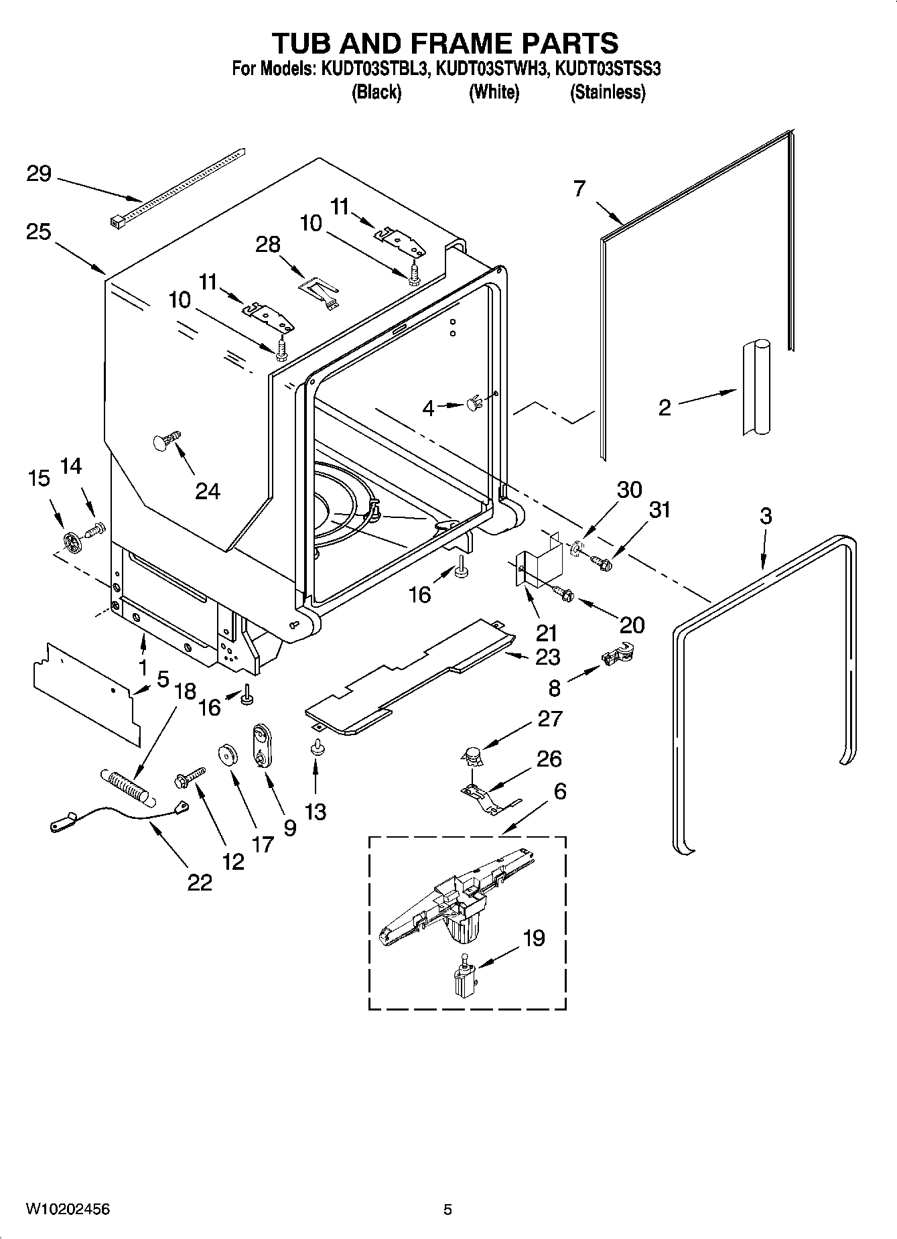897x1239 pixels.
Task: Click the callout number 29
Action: tap(39, 174)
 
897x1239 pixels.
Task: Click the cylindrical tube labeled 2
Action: tap(756, 388)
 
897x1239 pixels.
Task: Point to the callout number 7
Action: tap(579, 188)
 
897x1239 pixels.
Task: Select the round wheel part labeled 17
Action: tap(227, 755)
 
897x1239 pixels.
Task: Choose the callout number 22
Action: tap(200, 882)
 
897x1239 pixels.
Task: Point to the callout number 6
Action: tap(559, 791)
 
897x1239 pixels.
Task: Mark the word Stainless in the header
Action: tap(608, 92)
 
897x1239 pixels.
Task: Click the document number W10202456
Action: tap(68, 1209)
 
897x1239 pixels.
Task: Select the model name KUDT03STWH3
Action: tap(492, 68)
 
